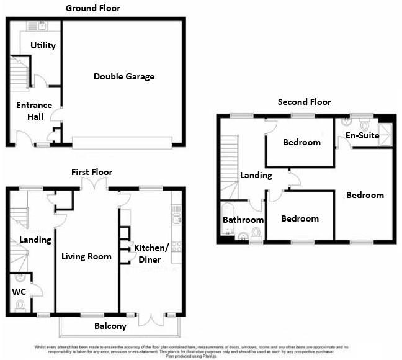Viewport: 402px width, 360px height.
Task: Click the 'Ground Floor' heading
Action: point(93,8)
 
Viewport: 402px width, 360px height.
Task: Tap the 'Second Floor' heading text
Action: point(304,102)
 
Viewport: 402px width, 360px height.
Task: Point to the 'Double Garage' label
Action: point(124,76)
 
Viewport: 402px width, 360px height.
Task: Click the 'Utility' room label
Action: point(43,45)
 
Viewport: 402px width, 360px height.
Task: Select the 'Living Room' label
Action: point(86,256)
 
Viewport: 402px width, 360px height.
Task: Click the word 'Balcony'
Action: point(110,326)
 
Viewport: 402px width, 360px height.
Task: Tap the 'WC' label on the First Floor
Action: point(18,290)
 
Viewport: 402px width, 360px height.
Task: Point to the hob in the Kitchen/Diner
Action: point(176,246)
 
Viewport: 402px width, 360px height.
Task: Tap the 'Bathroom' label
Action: point(243,220)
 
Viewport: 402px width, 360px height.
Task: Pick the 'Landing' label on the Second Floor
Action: point(256,175)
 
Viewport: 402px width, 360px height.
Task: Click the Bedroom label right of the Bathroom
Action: point(300,218)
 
